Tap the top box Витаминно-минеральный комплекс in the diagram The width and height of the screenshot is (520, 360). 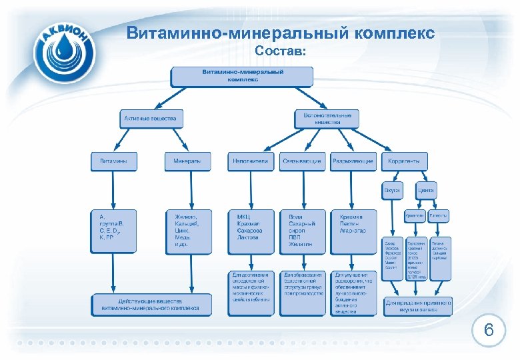tap(242, 75)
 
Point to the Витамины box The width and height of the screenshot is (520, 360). tap(114, 161)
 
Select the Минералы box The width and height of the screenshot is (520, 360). tap(187, 161)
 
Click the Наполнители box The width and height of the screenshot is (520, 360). tap(251, 161)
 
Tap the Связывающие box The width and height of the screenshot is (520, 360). tap(302, 161)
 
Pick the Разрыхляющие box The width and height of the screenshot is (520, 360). tap(353, 161)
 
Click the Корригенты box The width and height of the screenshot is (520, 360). tap(405, 161)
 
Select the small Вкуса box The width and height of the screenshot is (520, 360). tap(392, 190)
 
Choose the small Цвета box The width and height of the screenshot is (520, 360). tap(427, 190)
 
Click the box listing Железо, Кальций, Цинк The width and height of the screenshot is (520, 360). tap(191, 231)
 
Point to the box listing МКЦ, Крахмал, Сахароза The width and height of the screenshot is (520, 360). tap(251, 231)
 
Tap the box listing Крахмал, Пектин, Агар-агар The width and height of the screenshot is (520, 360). tap(354, 231)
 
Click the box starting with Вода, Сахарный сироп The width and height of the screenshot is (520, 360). tap(303, 231)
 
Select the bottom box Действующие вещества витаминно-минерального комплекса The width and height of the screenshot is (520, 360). tap(151, 305)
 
